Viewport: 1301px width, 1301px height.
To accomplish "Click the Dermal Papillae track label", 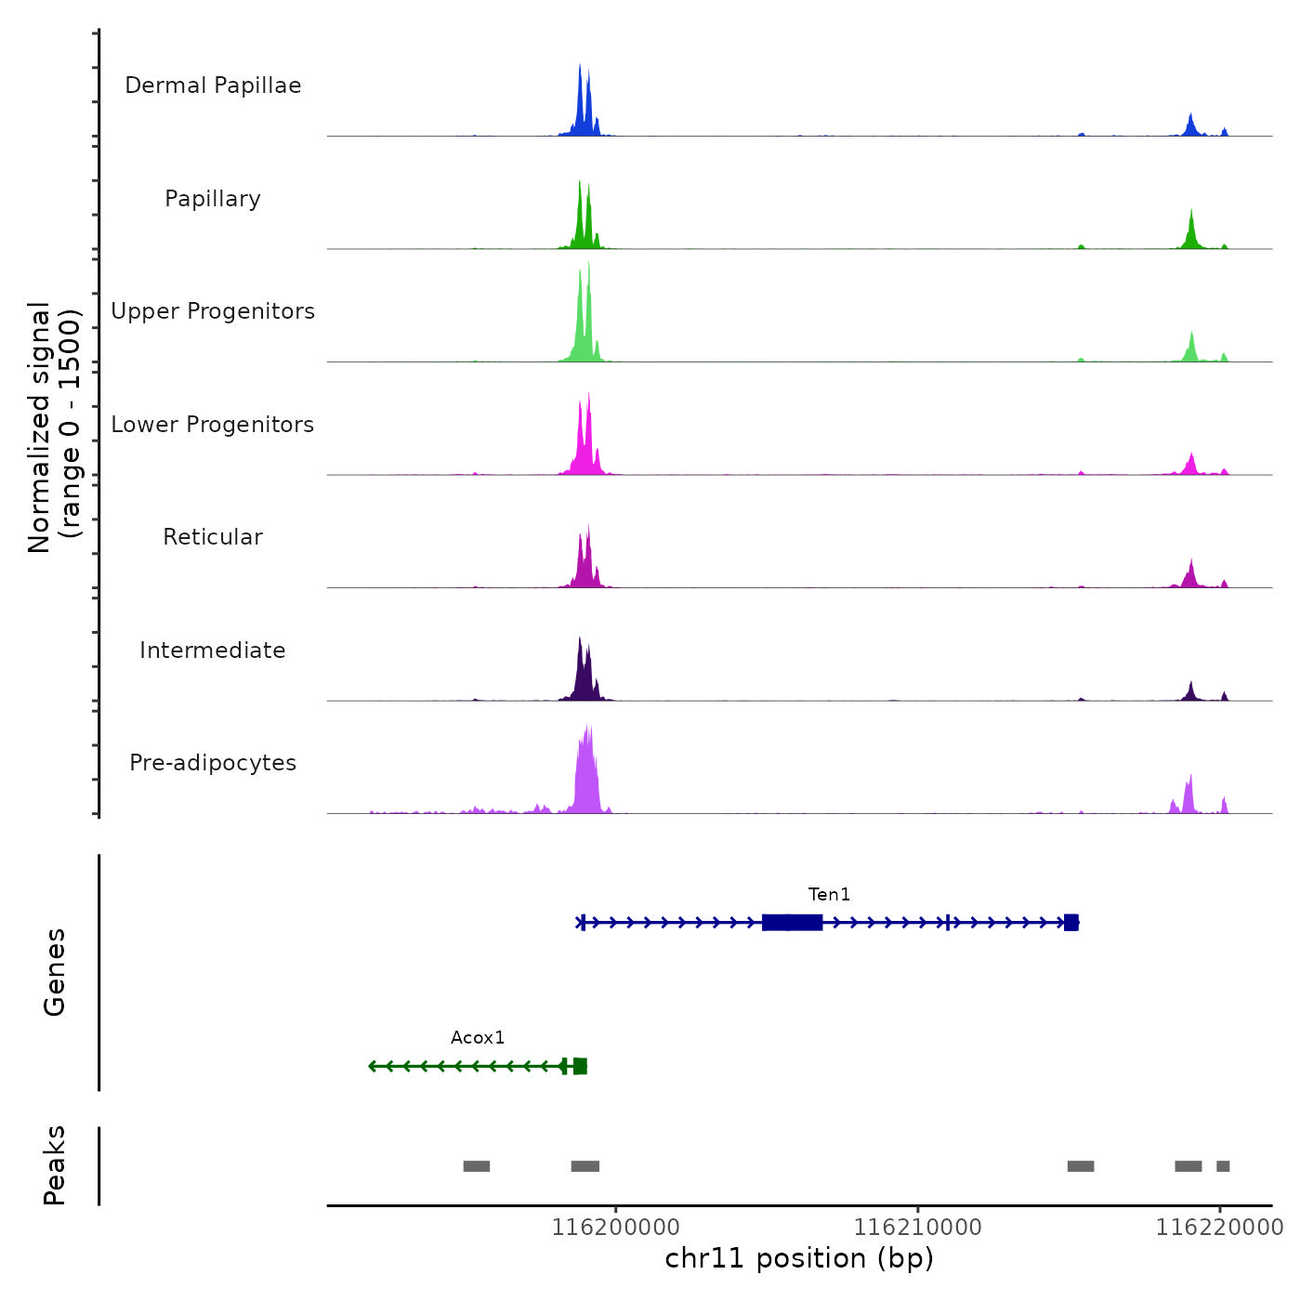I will [x=213, y=85].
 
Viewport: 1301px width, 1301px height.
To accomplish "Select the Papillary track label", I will [x=213, y=199].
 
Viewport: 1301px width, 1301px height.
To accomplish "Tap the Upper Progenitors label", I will [x=213, y=311].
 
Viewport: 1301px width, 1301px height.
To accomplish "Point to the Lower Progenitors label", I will [x=213, y=425].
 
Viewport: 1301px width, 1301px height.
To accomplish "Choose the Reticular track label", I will [x=213, y=537].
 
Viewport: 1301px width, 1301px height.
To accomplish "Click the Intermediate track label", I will [x=213, y=650].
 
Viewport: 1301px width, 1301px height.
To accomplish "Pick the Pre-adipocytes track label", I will [x=213, y=763].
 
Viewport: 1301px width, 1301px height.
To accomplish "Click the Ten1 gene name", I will [x=829, y=894].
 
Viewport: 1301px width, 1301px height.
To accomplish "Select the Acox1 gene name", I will [x=478, y=1037].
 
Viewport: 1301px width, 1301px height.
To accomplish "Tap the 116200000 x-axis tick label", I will [x=615, y=1228].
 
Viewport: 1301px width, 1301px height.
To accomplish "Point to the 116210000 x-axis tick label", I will [x=917, y=1228].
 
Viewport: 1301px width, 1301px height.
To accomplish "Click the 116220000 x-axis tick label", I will [x=1219, y=1228].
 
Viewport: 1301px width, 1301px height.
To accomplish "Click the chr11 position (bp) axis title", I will [x=799, y=1258].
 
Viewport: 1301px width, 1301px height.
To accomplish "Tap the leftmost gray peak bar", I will [x=477, y=1166].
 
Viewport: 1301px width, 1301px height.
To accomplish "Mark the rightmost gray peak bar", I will [x=1223, y=1166].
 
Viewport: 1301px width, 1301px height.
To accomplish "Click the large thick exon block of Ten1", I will [x=792, y=922].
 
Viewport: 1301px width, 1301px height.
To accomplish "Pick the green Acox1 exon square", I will [x=580, y=1066].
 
